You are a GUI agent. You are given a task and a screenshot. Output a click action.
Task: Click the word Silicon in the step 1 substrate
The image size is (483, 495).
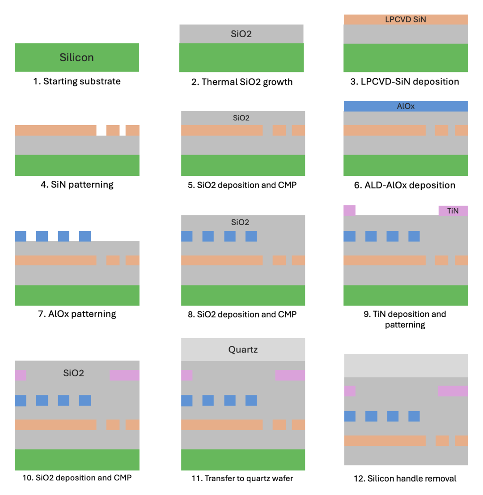click(x=76, y=58)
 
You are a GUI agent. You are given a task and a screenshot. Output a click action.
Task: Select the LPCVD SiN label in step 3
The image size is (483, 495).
click(x=405, y=20)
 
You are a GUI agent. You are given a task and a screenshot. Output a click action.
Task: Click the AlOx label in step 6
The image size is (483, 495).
click(x=405, y=106)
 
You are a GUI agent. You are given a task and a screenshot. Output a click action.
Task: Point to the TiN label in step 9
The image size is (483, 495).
click(x=453, y=210)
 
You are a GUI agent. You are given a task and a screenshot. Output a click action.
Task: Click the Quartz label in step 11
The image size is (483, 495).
click(x=243, y=349)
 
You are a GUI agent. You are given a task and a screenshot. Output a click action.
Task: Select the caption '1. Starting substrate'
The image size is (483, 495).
click(x=76, y=82)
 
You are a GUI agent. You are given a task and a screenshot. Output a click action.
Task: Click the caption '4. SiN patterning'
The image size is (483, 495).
click(x=76, y=184)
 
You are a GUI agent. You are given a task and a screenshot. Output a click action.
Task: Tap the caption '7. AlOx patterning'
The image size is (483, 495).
click(x=76, y=314)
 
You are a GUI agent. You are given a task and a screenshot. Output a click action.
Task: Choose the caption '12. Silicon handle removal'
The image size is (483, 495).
click(x=405, y=478)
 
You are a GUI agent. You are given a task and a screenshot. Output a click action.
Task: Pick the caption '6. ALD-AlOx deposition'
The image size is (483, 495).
click(x=405, y=185)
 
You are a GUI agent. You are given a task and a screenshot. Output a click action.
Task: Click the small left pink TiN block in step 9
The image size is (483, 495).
click(x=349, y=210)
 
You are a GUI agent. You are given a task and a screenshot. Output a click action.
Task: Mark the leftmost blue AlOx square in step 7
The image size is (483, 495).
click(x=21, y=236)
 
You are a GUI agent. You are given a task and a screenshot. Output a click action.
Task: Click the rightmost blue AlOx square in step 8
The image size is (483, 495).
click(x=251, y=236)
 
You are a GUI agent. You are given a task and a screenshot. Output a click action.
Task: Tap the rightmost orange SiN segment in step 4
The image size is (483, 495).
click(x=132, y=130)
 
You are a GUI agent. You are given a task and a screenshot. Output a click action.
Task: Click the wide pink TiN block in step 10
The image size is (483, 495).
click(x=124, y=375)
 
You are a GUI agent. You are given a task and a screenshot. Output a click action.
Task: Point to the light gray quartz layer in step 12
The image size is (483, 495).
click(x=406, y=365)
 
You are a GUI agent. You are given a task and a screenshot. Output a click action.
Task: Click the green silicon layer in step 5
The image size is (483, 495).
click(x=243, y=165)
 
